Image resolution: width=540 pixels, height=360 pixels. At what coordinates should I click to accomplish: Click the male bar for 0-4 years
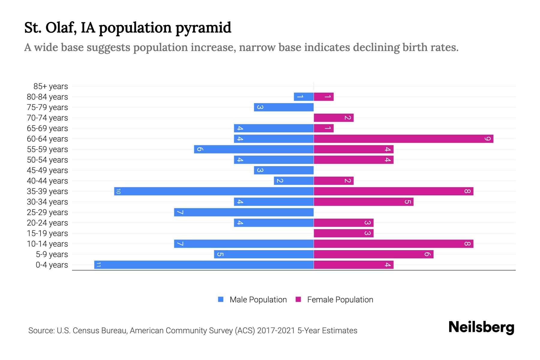point(204,265)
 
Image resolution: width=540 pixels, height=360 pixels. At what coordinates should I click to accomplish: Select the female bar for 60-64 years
point(403,139)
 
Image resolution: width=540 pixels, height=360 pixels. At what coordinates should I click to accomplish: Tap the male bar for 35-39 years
point(214,191)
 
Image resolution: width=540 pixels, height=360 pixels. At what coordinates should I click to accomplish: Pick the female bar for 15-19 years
point(343,233)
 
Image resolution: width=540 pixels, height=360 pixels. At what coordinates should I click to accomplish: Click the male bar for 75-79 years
point(284,107)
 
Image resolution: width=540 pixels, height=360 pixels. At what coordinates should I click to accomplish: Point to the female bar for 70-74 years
point(334,118)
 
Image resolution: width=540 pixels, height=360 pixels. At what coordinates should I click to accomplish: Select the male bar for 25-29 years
point(244,212)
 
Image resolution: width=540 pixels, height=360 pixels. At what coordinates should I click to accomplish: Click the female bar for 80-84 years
point(324,97)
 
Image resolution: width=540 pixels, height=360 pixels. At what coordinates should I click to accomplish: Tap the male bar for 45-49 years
point(284,170)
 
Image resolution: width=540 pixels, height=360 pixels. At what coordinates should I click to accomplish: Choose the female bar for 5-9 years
point(373,254)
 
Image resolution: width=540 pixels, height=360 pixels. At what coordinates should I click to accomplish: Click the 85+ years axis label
point(51,86)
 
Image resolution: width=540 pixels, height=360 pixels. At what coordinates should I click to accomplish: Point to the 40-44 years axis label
point(47,181)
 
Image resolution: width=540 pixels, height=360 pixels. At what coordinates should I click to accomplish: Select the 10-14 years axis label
point(47,244)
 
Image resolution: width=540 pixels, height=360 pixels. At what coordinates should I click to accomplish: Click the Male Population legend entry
point(258,299)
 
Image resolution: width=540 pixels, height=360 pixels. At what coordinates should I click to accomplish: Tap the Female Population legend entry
point(340,299)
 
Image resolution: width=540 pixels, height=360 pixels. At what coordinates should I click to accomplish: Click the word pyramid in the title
point(203,28)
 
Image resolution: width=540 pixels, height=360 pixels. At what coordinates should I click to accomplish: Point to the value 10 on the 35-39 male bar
point(118,191)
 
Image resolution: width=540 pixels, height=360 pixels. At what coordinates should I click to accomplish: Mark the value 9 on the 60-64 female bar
point(488,139)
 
